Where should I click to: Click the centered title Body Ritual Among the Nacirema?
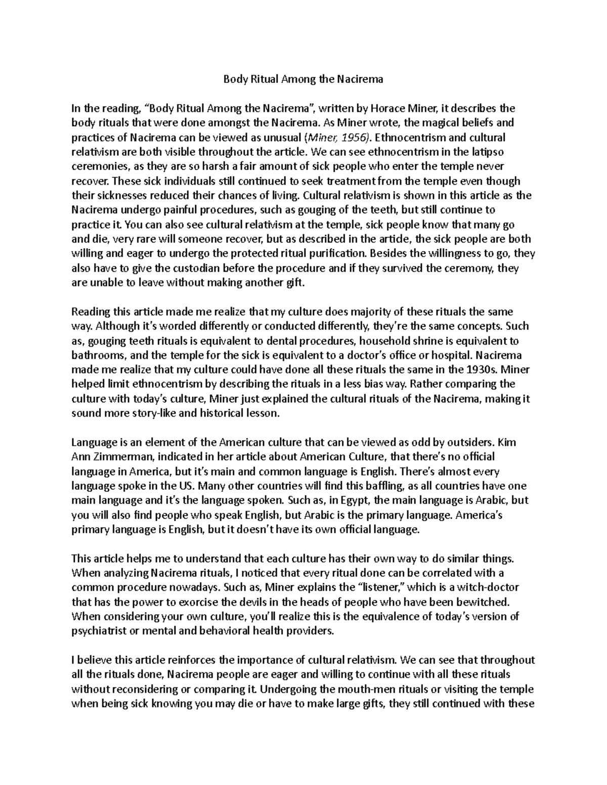tap(303, 79)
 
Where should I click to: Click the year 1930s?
tap(485, 370)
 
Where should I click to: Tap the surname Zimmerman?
tap(121, 457)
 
